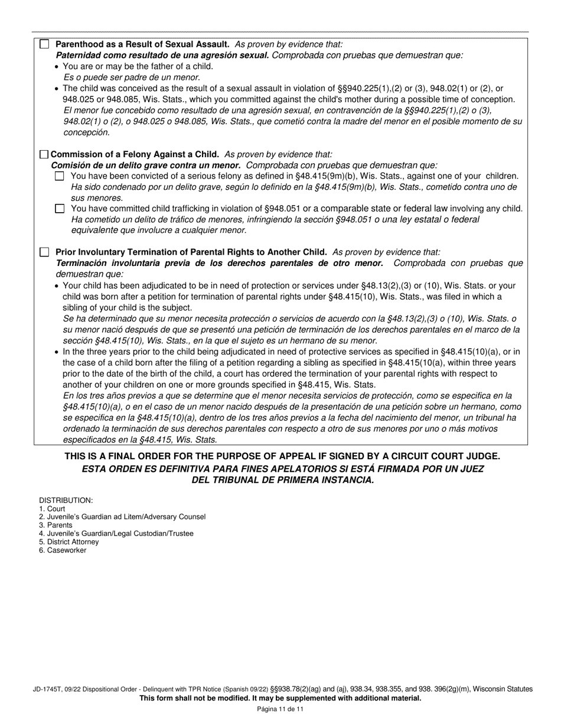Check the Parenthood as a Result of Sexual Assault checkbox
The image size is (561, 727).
click(44, 44)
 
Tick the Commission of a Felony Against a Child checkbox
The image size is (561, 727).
click(44, 154)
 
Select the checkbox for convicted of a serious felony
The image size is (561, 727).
click(59, 176)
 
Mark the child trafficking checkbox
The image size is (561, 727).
click(59, 209)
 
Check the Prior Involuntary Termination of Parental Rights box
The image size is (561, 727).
click(44, 252)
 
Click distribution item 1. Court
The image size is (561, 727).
click(53, 509)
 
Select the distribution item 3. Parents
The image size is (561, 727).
click(56, 525)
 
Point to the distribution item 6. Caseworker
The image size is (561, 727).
click(63, 550)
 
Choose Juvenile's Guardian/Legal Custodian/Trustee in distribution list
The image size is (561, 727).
click(116, 534)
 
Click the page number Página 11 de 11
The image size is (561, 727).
click(280, 709)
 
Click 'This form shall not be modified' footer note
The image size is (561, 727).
click(280, 699)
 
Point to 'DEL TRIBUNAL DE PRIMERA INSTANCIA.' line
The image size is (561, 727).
click(283, 480)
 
